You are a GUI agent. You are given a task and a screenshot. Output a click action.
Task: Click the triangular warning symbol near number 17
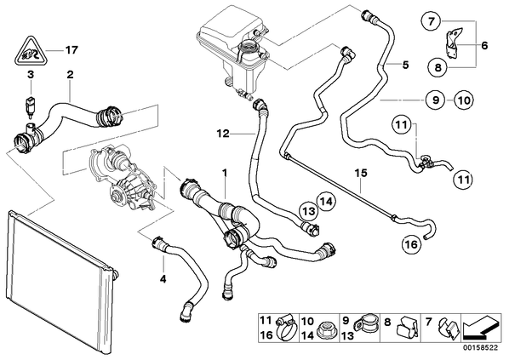(x=30, y=52)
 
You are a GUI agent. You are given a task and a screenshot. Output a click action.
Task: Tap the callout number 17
(x=71, y=50)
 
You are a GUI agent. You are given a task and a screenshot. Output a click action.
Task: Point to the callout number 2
(x=70, y=75)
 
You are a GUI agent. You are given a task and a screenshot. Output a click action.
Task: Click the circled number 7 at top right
(x=431, y=21)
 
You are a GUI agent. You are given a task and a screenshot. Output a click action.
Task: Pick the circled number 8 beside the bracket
(x=438, y=67)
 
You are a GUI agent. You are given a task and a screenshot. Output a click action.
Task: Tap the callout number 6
(x=484, y=45)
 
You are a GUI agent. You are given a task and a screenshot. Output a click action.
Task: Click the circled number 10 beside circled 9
(x=464, y=100)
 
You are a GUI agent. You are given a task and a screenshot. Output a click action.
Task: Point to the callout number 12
(x=223, y=134)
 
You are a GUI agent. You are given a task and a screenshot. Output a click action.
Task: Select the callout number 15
(x=361, y=173)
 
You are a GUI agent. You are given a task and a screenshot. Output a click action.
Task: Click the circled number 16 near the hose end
(x=411, y=243)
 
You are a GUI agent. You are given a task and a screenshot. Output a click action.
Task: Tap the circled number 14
(x=326, y=202)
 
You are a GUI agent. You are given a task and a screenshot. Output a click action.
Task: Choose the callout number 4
(x=163, y=278)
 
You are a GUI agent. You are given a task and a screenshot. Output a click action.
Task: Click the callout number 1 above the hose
(x=225, y=173)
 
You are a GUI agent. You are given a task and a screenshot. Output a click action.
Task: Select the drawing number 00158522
(x=482, y=348)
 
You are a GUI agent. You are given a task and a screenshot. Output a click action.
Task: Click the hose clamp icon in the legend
(x=286, y=328)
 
